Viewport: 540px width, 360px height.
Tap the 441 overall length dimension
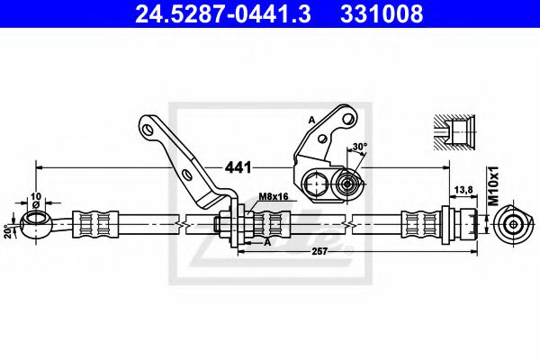click(x=237, y=166)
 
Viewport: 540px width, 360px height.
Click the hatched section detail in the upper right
click(x=459, y=131)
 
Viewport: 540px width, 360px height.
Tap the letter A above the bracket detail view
click(x=311, y=118)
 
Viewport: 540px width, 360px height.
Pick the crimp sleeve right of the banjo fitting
click(x=96, y=222)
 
